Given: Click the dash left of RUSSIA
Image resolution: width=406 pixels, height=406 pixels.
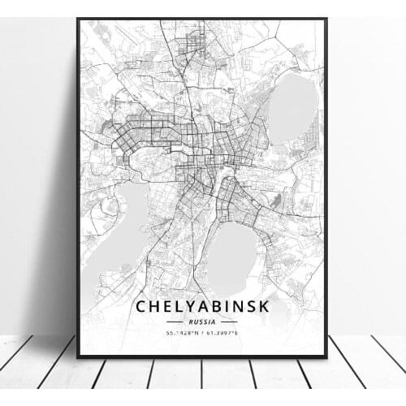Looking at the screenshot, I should [x=182, y=322].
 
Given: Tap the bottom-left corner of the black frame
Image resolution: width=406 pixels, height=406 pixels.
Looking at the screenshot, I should [x=78, y=356].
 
